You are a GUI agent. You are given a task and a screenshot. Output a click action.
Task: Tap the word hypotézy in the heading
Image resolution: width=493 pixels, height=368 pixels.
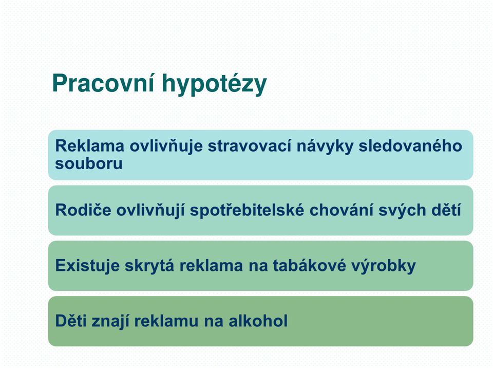point(214,84)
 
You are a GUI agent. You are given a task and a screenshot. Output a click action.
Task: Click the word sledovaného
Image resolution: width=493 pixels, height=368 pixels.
point(410,146)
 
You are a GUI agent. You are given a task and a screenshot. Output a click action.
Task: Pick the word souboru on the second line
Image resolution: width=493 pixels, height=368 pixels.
point(89,163)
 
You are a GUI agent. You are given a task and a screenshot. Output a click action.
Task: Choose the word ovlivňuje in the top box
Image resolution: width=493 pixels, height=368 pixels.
point(166,146)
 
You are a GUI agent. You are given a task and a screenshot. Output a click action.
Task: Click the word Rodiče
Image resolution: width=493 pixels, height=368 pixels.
point(83,210)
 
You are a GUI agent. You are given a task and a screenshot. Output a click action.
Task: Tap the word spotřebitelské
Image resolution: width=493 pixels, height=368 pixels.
point(247,210)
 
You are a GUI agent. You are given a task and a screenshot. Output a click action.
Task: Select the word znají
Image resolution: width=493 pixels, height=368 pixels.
point(109,321)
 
